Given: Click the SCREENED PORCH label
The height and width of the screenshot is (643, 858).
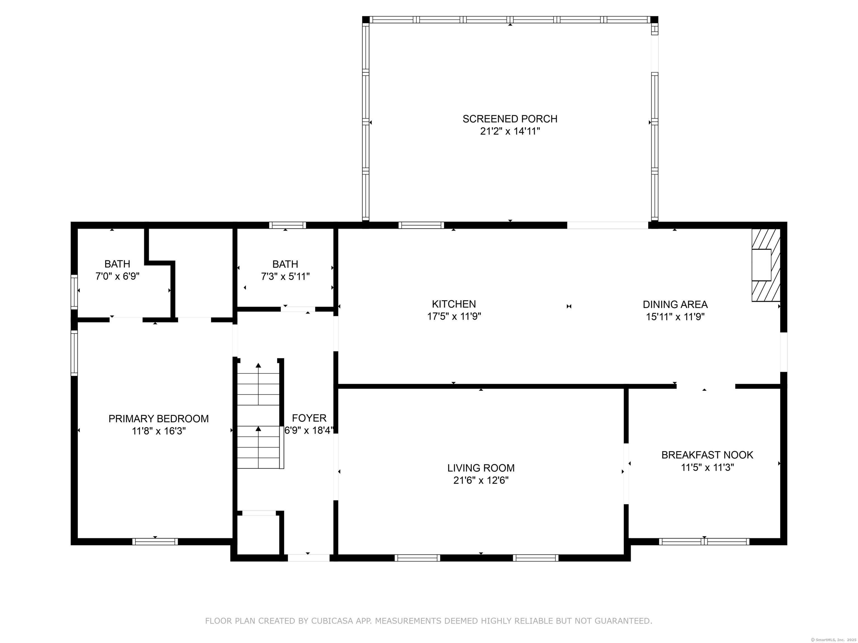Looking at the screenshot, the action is click(510, 119).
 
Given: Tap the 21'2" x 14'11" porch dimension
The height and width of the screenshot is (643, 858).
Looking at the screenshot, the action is click(510, 131).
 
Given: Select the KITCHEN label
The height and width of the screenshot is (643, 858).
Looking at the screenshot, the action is click(454, 304).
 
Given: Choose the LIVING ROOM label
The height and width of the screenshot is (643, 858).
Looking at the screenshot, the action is click(481, 468).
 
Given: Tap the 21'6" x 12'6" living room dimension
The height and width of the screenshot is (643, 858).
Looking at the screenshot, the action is click(481, 481).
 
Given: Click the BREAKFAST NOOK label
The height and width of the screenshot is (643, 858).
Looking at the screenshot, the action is click(707, 455).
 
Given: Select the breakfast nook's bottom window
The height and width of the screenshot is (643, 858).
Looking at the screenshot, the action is click(704, 541).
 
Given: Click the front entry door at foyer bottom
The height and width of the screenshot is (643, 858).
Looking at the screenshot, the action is click(309, 558).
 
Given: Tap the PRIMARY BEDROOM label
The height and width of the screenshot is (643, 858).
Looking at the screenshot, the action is click(159, 419).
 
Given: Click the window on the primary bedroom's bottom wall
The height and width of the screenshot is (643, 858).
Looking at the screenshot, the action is click(155, 541).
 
